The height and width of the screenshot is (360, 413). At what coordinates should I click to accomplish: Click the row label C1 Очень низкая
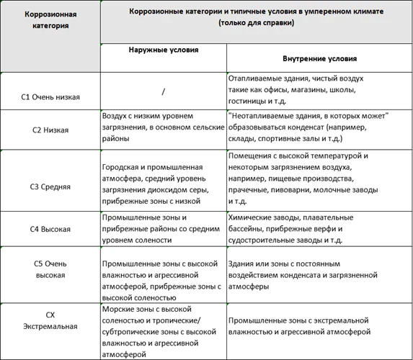coord(50,97)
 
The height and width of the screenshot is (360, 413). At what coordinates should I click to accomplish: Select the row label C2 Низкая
coord(50,130)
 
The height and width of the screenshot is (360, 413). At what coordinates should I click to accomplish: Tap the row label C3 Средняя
coord(50,186)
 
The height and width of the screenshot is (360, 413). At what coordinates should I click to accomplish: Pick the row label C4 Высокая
coord(50,229)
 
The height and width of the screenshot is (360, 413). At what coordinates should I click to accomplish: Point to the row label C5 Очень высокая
coord(50,269)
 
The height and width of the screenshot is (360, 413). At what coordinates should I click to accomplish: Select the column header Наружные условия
coord(164,50)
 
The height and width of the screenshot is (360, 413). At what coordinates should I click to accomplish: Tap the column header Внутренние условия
coord(319,58)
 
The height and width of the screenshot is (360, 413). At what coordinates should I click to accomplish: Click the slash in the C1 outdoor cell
coord(164,91)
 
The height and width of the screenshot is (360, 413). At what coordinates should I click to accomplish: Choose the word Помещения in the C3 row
coord(251,156)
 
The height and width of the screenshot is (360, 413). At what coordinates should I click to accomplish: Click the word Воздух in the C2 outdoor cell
coord(116,115)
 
